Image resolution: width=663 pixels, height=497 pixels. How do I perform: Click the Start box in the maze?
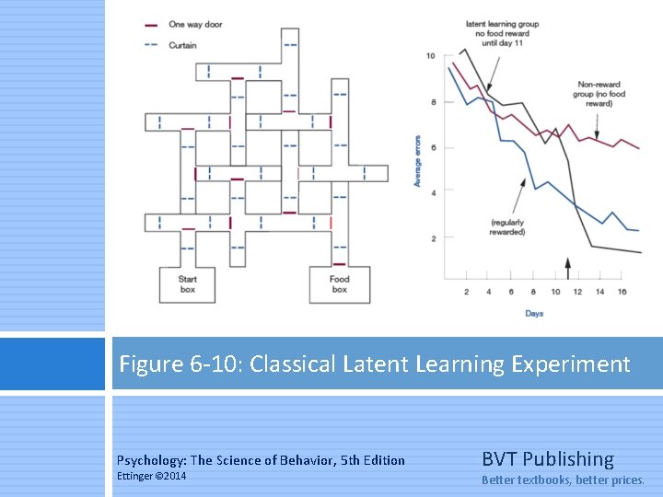pos(188,283)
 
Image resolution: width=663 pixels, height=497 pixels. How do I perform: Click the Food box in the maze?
pos(339,283)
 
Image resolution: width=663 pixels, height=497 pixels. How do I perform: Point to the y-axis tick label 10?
pos(430,57)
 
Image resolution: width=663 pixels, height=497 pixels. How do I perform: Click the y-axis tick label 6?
pos(433,147)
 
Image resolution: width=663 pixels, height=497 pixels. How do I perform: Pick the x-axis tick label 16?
pos(622,292)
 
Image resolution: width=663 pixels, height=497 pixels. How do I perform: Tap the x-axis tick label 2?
pos(466,292)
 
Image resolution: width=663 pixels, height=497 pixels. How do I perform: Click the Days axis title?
pos(534,314)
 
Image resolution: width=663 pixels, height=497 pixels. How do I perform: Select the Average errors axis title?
pos(417,161)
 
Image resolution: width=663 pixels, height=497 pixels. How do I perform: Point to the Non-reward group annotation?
pos(599,94)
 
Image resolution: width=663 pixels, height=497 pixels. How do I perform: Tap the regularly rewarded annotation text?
pos(507,227)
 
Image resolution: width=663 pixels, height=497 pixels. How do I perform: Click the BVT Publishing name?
pos(547,458)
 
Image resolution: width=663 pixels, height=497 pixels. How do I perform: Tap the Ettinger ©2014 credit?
pos(151,476)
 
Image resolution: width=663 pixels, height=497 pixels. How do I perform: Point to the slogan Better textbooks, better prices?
pos(563,480)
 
